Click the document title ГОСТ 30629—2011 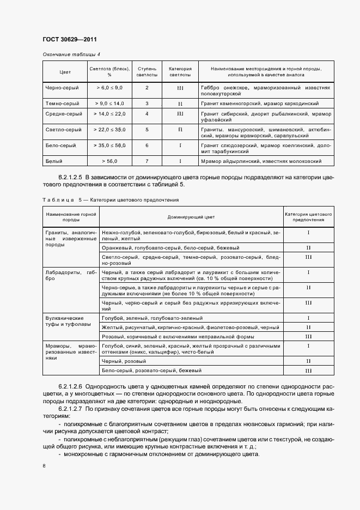[x=69, y=40]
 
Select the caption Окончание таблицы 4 [x=71, y=54]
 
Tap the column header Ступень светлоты [x=147, y=72]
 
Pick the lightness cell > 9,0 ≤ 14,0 [x=109, y=103]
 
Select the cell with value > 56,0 [x=109, y=161]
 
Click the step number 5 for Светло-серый [x=147, y=130]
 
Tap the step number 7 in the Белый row [x=147, y=161]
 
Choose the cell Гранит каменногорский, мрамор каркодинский [x=258, y=103]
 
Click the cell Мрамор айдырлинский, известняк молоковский [x=261, y=161]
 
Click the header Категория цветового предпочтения [x=308, y=217]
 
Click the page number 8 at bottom [x=44, y=465]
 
